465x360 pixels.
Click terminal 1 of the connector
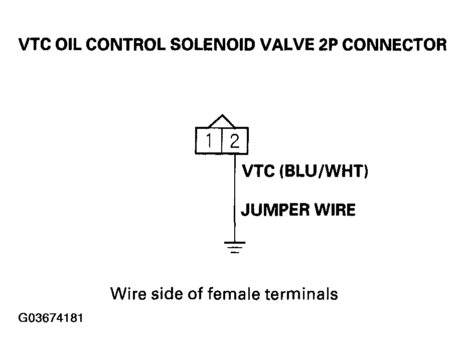209,140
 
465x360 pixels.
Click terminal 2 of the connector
235,140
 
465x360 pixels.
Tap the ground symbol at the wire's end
235,247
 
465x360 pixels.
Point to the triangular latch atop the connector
222,121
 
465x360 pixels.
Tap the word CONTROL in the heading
126,45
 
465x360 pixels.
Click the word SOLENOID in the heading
213,45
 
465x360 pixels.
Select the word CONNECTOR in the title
394,45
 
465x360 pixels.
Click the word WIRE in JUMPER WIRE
335,210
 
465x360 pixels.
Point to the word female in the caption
234,294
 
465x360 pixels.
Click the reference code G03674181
51,318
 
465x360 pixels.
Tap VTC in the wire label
258,171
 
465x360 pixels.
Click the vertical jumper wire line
235,198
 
